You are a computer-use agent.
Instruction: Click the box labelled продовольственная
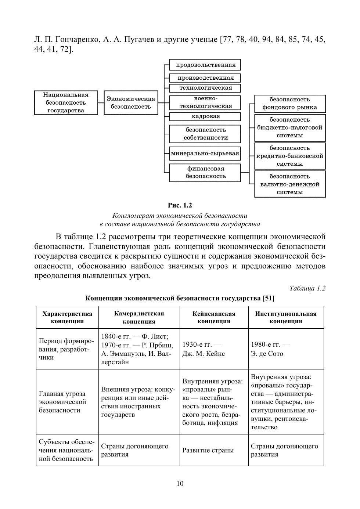tap(205, 65)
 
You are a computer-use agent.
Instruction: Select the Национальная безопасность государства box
tap(66, 103)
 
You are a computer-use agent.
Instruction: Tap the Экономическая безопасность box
tap(131, 103)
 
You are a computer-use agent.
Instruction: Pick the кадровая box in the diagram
tap(205, 116)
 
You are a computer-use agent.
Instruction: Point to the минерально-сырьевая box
tap(205, 154)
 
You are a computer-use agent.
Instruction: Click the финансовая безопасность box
tap(205, 173)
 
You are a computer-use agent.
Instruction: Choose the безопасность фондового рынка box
tap(290, 104)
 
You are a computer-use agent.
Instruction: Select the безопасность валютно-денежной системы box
tap(290, 184)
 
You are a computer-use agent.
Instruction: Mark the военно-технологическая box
tap(205, 102)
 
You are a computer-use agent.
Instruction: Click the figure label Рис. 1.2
tap(180, 205)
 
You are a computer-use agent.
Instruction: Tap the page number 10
tap(180, 484)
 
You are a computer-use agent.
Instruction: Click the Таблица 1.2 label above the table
tap(307, 288)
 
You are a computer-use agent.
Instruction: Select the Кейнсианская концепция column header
tap(214, 317)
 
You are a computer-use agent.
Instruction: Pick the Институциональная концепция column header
tap(286, 317)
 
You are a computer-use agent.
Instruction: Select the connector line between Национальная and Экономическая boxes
tap(101, 103)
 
